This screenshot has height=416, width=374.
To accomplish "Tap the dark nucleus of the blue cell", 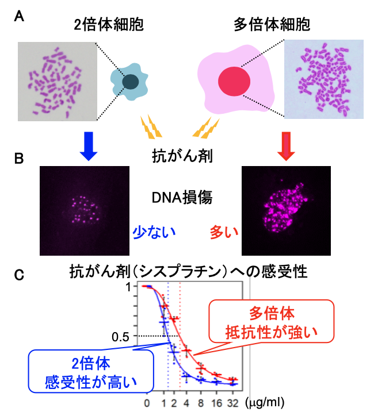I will (132, 82).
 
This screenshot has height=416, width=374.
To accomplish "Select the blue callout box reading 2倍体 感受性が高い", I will (91, 371).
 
